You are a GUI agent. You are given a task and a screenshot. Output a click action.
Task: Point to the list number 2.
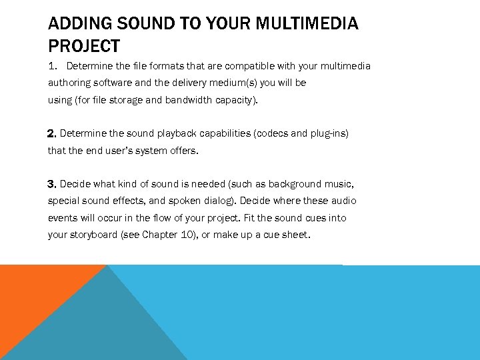point(52,133)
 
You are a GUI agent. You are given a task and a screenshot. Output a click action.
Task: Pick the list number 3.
point(52,184)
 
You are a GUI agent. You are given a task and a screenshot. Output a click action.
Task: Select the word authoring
point(70,83)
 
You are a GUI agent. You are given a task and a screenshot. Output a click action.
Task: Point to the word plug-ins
point(327,133)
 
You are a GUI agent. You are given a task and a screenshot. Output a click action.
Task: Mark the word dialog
point(219,201)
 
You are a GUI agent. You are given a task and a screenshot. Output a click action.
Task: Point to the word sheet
point(296,235)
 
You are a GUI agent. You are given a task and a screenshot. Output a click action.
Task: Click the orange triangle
point(33,293)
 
